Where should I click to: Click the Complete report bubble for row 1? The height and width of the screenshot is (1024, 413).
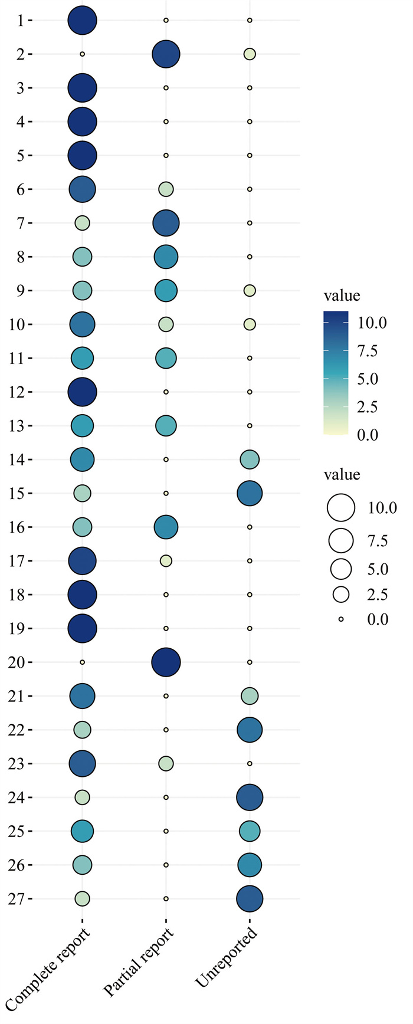(x=82, y=20)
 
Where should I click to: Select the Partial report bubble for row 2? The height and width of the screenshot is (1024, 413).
(x=166, y=54)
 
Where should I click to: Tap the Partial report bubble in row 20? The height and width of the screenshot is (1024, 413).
(x=166, y=662)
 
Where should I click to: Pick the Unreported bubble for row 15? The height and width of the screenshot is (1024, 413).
(x=250, y=493)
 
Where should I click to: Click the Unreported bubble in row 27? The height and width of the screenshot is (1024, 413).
(x=250, y=899)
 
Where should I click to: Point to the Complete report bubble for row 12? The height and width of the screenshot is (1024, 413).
(x=82, y=392)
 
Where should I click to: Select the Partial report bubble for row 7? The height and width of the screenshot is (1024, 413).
(x=166, y=223)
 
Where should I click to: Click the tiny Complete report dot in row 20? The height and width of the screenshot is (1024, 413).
(x=82, y=662)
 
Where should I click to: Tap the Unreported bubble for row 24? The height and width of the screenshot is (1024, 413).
(x=250, y=797)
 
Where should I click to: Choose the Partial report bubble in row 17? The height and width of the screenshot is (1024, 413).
(x=166, y=560)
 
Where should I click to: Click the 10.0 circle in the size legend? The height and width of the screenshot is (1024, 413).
(x=341, y=508)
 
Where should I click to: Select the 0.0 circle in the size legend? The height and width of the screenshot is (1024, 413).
(x=341, y=619)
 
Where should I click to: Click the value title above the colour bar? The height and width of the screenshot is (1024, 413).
(x=342, y=296)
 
